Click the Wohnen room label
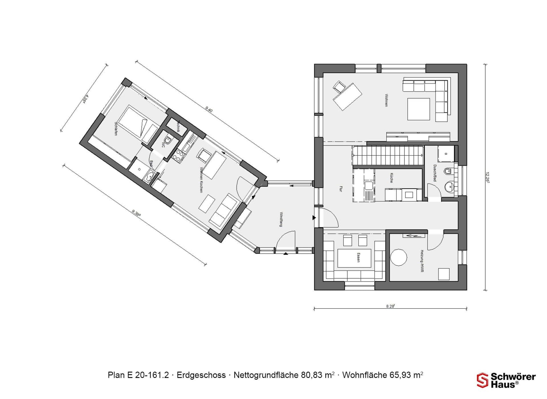pos(386,100)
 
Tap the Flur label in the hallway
pos(341,189)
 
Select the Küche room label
pos(391,178)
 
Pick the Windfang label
pos(281,219)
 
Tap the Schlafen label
pos(116,129)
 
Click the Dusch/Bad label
pos(434,173)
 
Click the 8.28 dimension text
pos(390,306)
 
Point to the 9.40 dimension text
pos(209,110)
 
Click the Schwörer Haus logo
pos(506,380)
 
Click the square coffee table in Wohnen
pos(419,109)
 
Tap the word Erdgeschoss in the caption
pos(201,375)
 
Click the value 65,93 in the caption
pos(401,375)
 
